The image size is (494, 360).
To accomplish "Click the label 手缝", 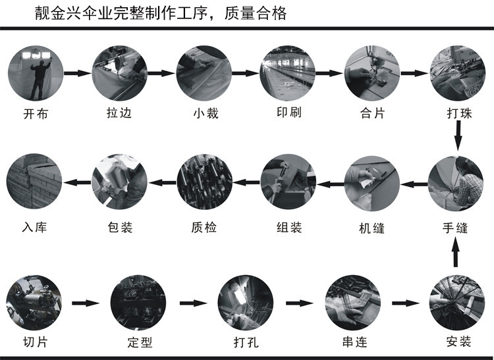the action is click(456, 228).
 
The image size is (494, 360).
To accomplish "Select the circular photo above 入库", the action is click(35, 182).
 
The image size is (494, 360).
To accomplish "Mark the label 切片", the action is click(35, 342).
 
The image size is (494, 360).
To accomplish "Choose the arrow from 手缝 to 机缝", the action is click(414, 182).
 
